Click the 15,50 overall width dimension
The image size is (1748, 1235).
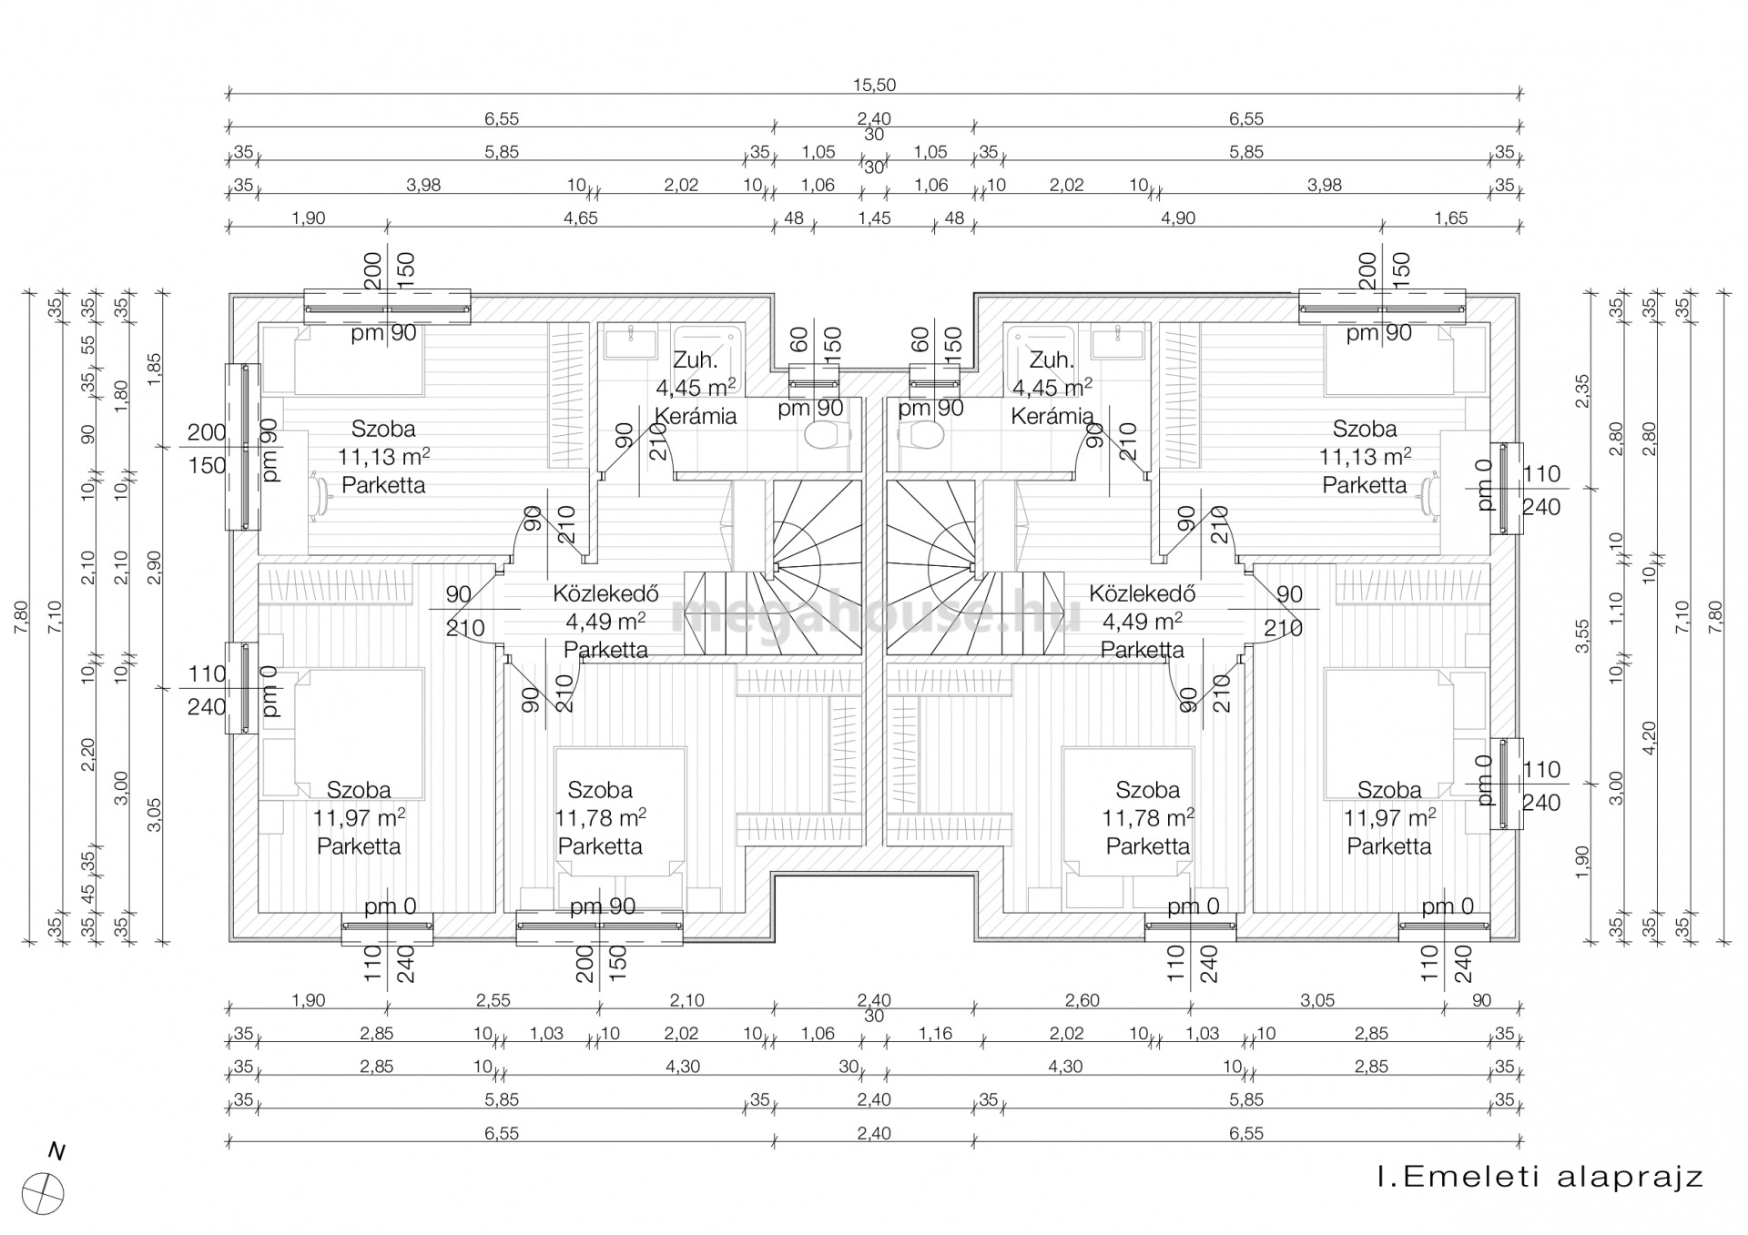point(874,86)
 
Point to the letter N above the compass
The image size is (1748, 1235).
point(56,1152)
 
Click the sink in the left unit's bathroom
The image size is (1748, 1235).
point(631,342)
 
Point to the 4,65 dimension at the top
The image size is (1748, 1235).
point(581,218)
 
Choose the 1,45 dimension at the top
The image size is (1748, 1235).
point(874,218)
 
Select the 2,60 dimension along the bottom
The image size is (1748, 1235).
point(1082,1000)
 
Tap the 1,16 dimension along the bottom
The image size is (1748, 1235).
point(935,1034)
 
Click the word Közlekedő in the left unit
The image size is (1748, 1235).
point(605,594)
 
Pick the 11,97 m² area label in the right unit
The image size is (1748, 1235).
point(1389,817)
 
